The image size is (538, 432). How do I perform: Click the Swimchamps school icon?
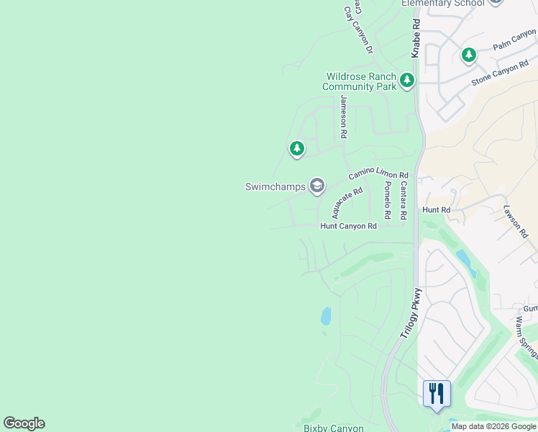(x=316, y=186)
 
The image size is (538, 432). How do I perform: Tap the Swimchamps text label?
(x=275, y=186)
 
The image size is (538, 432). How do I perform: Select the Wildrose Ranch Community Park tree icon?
(x=407, y=80)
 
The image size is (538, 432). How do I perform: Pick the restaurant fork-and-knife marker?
(x=437, y=394)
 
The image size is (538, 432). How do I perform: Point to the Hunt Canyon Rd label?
(x=348, y=226)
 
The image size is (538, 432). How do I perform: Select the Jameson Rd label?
(x=344, y=117)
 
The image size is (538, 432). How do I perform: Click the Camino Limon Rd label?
(x=378, y=176)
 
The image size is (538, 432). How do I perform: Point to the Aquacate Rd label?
(x=347, y=202)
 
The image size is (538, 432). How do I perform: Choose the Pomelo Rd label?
(x=387, y=200)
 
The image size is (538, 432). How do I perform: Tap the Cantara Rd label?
(x=403, y=200)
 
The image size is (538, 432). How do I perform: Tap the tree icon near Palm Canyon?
(x=469, y=54)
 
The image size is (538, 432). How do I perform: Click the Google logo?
(x=24, y=423)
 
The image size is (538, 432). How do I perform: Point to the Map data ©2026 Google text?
(x=493, y=426)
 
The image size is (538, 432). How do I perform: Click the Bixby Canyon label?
(x=333, y=428)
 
